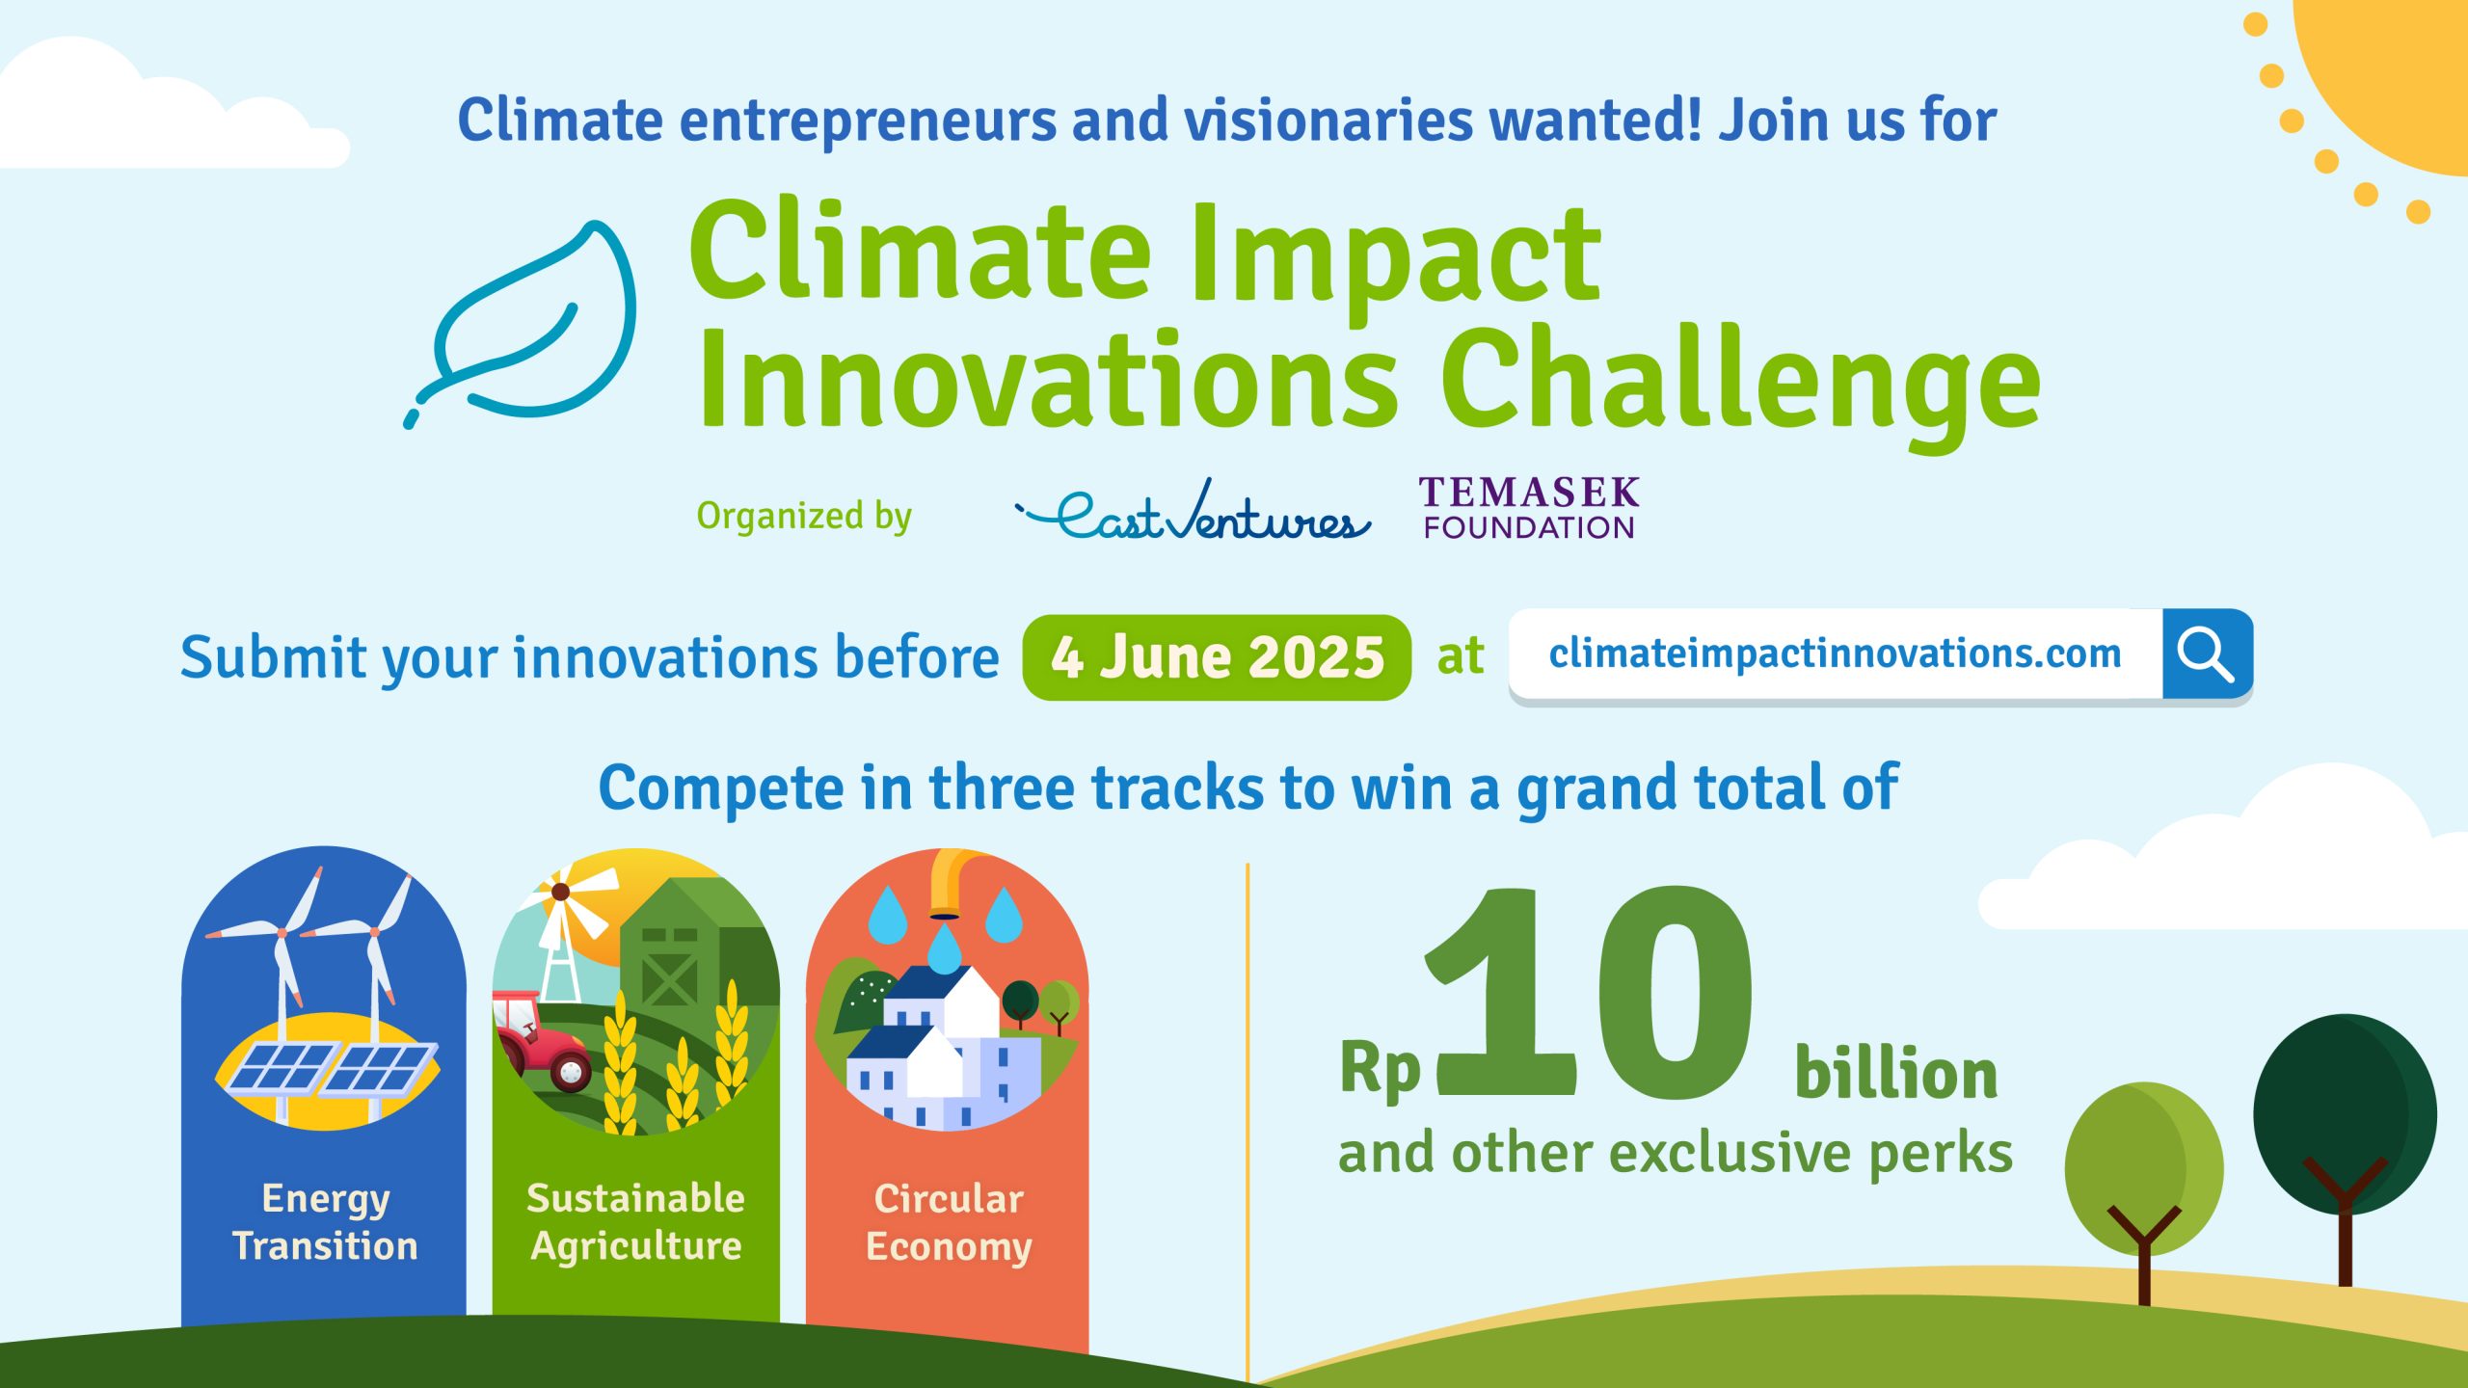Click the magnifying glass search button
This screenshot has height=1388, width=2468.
point(2206,654)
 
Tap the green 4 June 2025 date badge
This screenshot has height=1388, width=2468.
point(1217,657)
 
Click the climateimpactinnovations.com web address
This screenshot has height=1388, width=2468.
point(1835,654)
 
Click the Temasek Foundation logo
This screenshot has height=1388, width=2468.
point(1528,508)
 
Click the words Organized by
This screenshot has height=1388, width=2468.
point(803,516)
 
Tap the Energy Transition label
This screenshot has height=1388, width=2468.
point(325,1222)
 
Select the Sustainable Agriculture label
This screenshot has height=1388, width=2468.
point(635,1222)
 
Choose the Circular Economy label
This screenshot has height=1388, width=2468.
point(948,1222)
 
